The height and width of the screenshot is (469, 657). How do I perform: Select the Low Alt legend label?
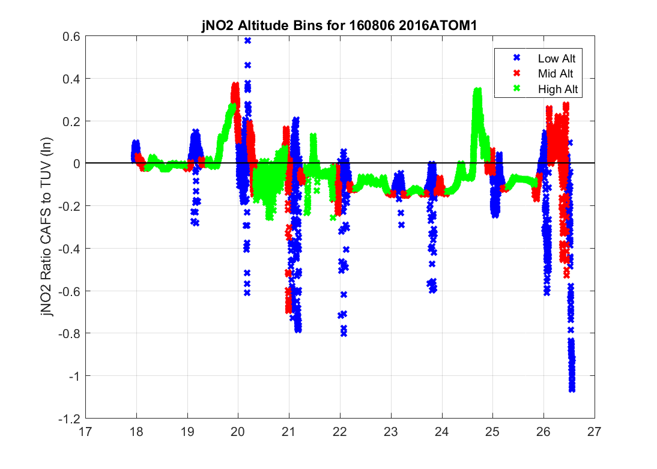[553, 58]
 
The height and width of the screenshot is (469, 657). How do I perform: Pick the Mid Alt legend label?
[553, 74]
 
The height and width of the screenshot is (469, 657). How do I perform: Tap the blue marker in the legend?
[515, 58]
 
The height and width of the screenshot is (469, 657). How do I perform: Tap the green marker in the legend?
[515, 89]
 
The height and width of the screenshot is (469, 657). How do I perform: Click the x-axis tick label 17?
[86, 431]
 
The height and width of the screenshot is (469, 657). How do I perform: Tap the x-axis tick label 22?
[341, 431]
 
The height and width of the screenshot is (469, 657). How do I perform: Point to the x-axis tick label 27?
[595, 431]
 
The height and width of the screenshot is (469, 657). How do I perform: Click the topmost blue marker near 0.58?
[247, 41]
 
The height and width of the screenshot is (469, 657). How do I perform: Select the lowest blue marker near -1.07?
[572, 389]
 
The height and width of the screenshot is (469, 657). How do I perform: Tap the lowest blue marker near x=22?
[344, 333]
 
